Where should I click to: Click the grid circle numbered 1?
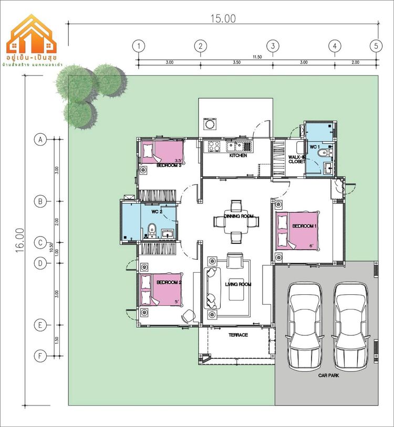click(138, 46)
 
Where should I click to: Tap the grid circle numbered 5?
click(376, 46)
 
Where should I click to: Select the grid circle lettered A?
click(39, 140)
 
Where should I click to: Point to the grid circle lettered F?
click(39, 356)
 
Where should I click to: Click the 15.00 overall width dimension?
click(223, 18)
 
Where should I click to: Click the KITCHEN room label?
click(238, 156)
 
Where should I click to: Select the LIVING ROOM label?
click(238, 284)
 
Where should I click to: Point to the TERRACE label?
click(238, 335)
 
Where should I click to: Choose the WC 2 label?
click(157, 212)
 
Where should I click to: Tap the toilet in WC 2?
click(151, 229)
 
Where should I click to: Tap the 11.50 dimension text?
click(257, 57)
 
